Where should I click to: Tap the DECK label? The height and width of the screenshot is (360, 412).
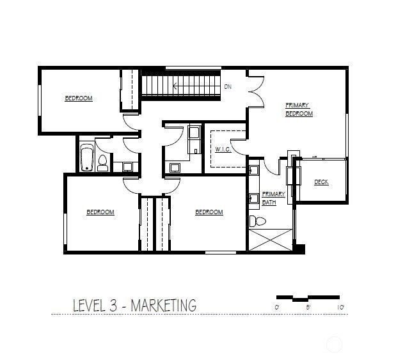(321, 182)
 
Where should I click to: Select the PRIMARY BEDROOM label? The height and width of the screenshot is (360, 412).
(299, 109)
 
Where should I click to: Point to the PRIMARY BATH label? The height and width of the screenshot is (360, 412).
(273, 198)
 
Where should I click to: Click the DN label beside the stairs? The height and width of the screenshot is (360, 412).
(228, 87)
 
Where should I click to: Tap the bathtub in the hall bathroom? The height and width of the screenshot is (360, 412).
(86, 159)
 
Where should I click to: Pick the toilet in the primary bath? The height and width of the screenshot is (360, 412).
(257, 222)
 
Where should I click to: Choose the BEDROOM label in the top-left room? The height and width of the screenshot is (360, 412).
(79, 98)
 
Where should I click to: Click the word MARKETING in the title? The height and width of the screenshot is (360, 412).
(163, 306)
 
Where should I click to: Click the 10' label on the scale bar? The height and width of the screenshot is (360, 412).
(340, 308)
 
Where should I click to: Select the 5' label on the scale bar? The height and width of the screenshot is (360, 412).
(308, 308)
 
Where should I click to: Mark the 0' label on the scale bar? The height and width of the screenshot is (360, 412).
(277, 308)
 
